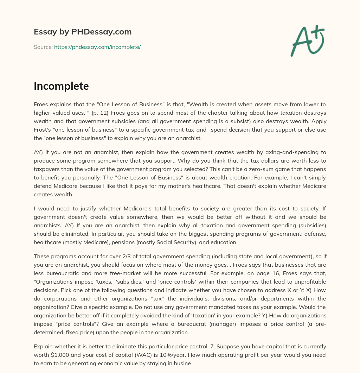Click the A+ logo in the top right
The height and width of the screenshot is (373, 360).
tap(307, 40)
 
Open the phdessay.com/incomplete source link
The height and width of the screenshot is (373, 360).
tap(97, 47)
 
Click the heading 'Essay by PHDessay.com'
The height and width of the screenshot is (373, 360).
tap(83, 32)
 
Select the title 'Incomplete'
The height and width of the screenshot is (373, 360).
tap(61, 86)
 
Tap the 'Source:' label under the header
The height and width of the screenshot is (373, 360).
tap(43, 47)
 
